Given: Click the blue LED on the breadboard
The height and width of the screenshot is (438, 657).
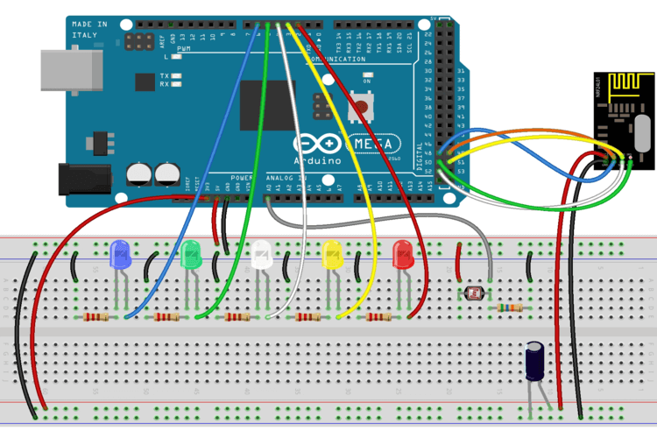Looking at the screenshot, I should point(120,255).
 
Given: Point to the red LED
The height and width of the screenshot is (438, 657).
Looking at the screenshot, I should point(403,255).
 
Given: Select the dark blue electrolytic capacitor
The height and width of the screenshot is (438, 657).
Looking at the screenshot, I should point(537,362).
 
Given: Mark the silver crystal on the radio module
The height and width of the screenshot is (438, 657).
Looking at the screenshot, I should point(640,136).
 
